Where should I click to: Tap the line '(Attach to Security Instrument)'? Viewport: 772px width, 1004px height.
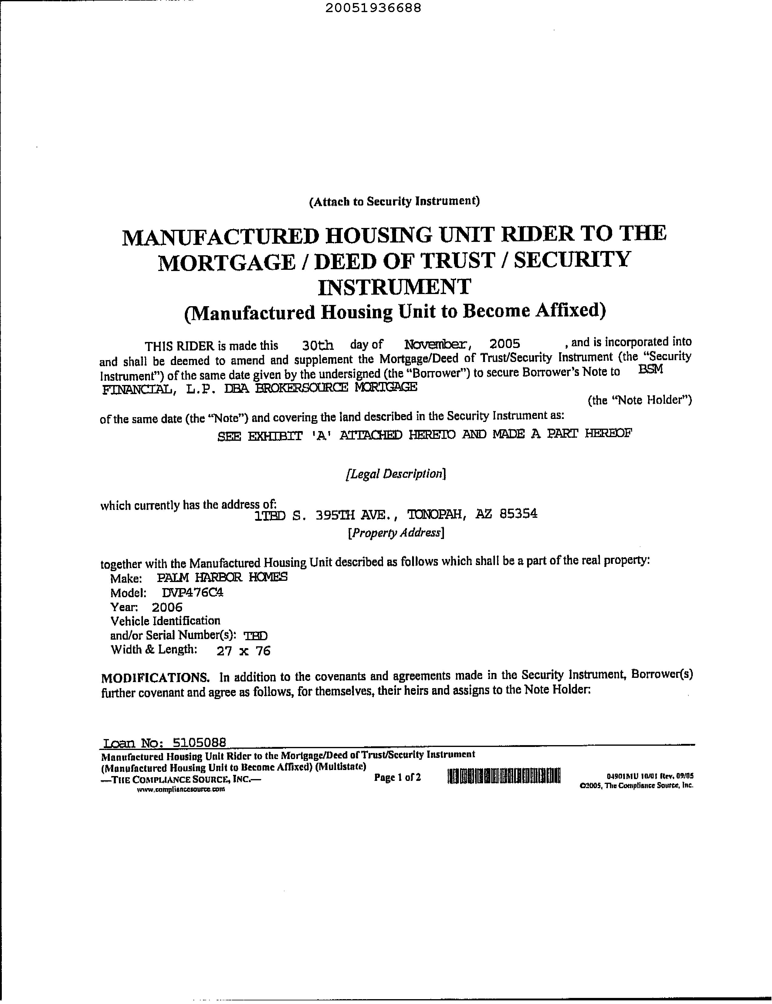[394, 201]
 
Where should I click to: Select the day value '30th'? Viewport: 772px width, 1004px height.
[318, 344]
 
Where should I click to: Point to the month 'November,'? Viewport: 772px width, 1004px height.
[437, 343]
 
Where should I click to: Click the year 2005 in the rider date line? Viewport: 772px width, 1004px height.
[505, 343]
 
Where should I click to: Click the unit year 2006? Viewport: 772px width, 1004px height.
[167, 607]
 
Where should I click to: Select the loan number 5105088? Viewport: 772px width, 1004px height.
[199, 742]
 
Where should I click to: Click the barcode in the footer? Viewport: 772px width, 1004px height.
[504, 776]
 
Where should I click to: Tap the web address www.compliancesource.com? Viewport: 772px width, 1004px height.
[181, 789]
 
